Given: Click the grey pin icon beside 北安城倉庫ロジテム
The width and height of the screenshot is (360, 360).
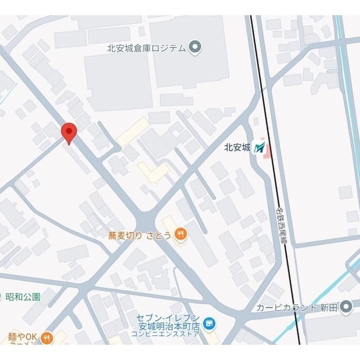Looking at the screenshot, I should pyautogui.click(x=195, y=47).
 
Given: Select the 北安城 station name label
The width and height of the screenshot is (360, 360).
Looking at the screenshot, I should pyautogui.click(x=237, y=148).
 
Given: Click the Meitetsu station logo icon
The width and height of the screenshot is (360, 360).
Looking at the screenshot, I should pyautogui.click(x=259, y=148).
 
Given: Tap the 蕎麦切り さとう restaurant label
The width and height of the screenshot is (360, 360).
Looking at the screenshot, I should pyautogui.click(x=140, y=236).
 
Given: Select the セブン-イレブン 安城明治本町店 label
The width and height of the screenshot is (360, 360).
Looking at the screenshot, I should pyautogui.click(x=169, y=322).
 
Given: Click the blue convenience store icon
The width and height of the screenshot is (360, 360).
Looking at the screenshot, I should pyautogui.click(x=209, y=323).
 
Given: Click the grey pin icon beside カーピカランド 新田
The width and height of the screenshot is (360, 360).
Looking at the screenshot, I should pyautogui.click(x=346, y=307).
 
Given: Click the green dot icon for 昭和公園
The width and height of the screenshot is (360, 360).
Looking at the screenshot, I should pyautogui.click(x=1, y=296).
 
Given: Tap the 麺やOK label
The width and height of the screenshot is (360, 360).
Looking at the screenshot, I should pyautogui.click(x=22, y=337).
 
